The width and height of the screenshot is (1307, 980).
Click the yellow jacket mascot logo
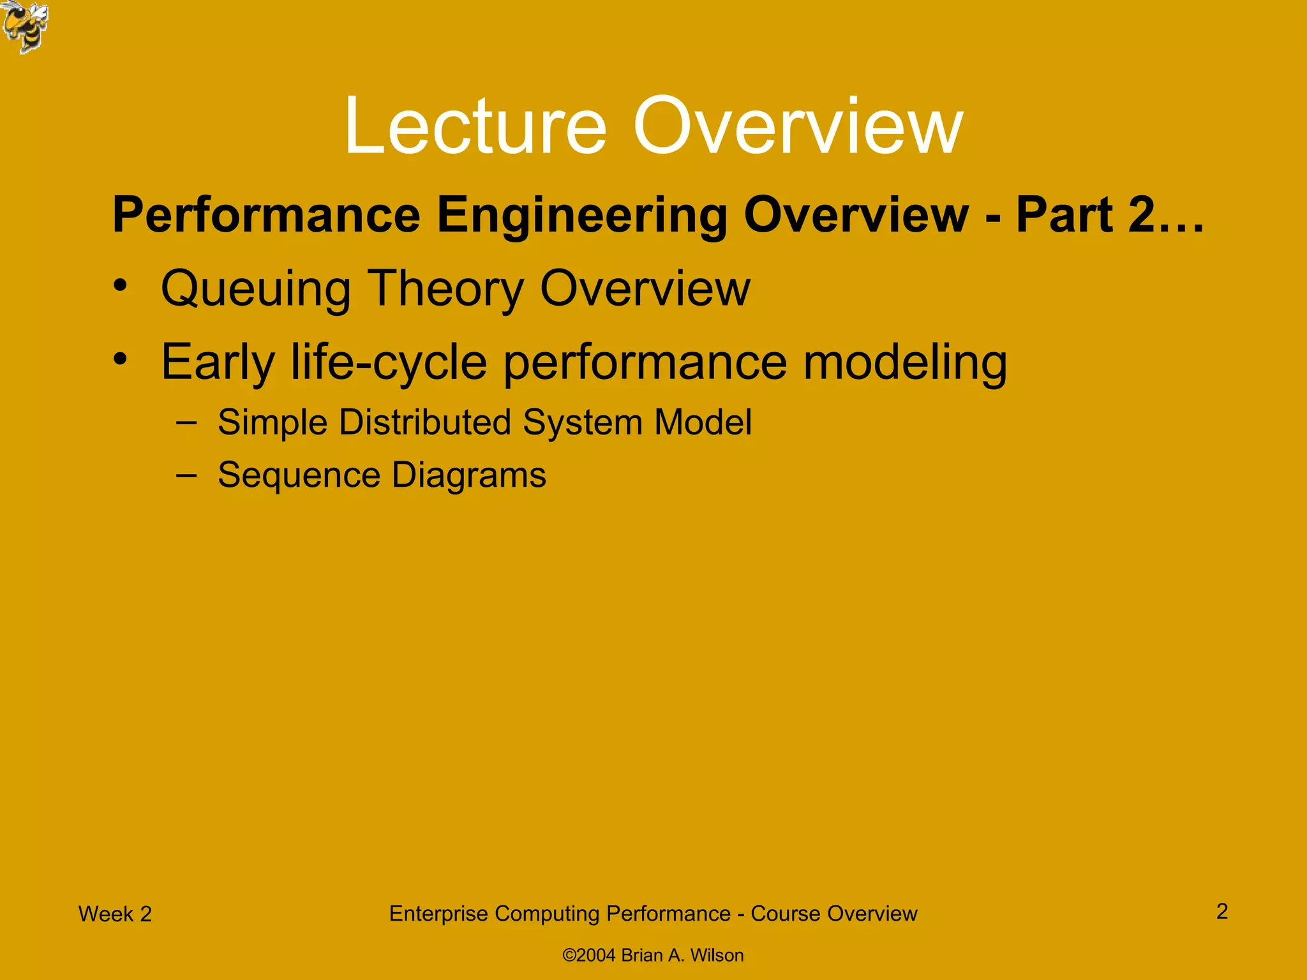24,27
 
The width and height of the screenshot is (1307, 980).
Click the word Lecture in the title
475,126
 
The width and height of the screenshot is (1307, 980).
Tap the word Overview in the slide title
798,126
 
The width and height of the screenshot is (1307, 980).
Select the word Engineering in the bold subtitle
581,216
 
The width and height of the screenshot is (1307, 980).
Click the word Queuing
255,289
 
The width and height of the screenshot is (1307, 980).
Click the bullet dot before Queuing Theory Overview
121,285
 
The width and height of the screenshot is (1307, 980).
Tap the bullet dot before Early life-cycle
121,359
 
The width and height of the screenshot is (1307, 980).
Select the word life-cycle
389,362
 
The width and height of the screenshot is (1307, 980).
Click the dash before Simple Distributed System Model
186,422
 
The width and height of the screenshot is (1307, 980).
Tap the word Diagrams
468,475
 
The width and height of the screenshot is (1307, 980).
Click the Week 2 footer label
115,914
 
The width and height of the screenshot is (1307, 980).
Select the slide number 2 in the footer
1221,911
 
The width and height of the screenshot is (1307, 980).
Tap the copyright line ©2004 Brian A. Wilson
653,955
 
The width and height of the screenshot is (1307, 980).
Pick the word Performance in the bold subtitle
266,216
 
